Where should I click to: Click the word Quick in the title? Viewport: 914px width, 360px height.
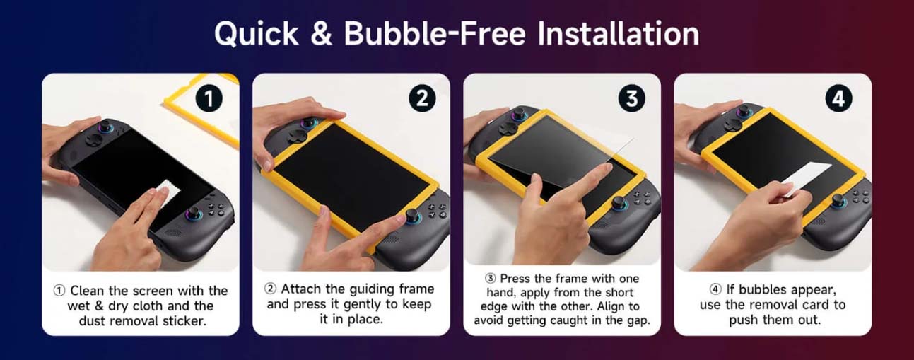coord(257,34)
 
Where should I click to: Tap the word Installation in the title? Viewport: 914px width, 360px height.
coord(619,33)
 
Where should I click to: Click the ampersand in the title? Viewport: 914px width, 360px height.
coord(322,33)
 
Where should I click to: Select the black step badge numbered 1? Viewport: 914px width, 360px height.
coord(209,98)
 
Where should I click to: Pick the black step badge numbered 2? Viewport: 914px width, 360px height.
coord(422,98)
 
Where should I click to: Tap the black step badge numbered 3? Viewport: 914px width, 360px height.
coord(632,98)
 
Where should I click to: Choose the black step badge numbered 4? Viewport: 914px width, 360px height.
coord(838,98)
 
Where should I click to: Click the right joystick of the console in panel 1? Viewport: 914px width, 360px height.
coord(195,214)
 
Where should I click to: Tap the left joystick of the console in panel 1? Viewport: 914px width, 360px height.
coord(105,126)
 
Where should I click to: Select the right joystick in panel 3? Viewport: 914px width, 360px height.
coord(620,202)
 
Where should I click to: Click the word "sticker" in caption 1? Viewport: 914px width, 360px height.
coord(184,321)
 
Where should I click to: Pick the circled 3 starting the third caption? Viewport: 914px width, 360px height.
coord(490,279)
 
